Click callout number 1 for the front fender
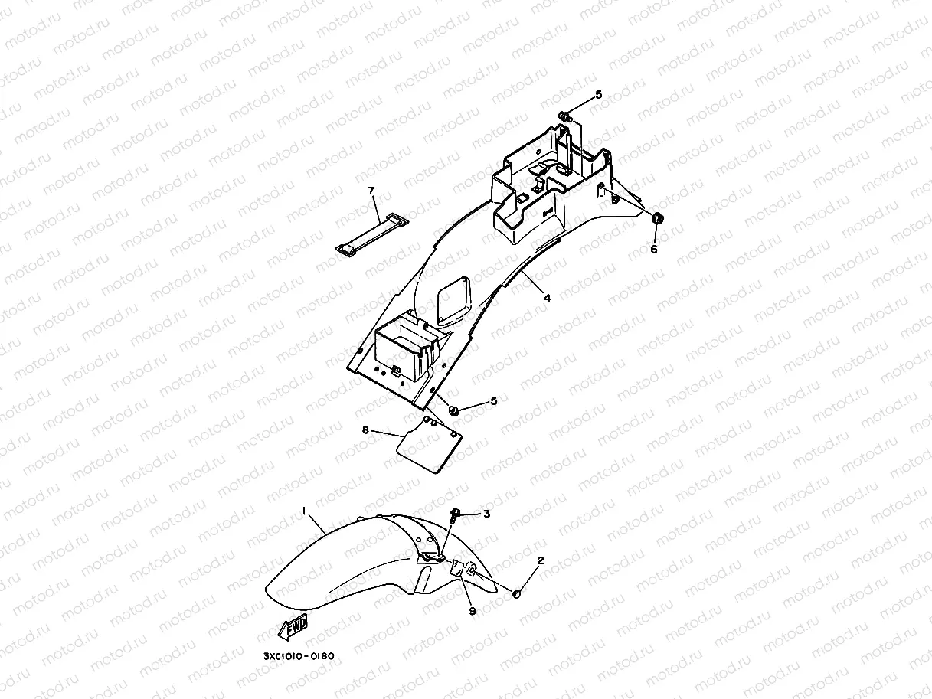pos(304,510)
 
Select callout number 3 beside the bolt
pos(486,514)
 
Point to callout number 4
pos(547,298)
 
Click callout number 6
pos(653,249)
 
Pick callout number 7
pos(371,189)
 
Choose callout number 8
pos(365,430)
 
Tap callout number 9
pos(472,611)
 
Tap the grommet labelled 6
pos(656,220)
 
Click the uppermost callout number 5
pos(599,95)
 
